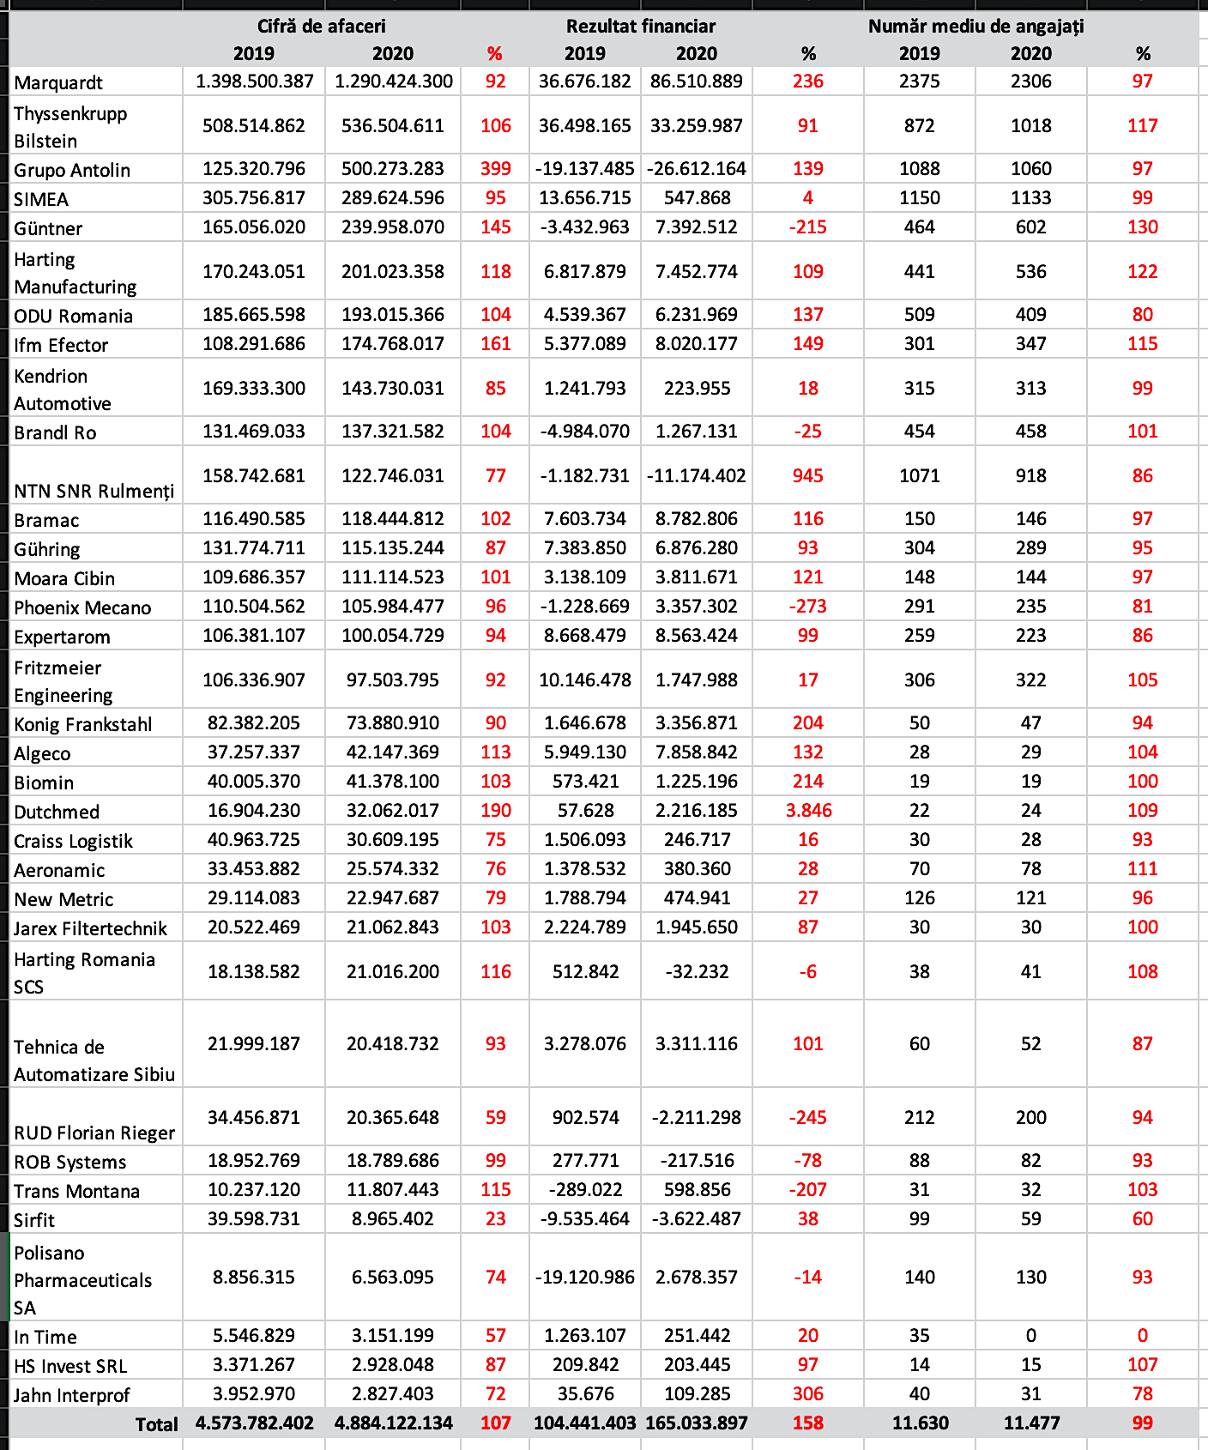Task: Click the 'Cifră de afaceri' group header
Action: (322, 27)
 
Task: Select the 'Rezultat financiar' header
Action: (640, 27)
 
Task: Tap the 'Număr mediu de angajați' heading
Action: (975, 27)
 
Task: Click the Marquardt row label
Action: (58, 83)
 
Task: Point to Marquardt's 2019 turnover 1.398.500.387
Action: (254, 82)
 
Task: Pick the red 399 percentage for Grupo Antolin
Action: (496, 169)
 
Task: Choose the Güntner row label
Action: (48, 229)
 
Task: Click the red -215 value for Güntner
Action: (807, 227)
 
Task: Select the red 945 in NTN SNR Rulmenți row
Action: (807, 476)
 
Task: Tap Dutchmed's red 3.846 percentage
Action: (808, 811)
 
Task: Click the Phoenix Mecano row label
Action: (82, 608)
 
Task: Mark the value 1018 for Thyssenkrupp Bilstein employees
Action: (1030, 126)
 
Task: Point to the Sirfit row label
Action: (34, 1221)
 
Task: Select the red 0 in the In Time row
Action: (1142, 1336)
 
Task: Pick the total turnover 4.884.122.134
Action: (393, 1423)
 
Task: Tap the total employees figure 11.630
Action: (920, 1423)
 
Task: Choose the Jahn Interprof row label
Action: (72, 1396)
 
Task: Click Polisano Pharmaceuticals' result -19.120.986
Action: (585, 1278)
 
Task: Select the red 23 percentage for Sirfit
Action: (496, 1219)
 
